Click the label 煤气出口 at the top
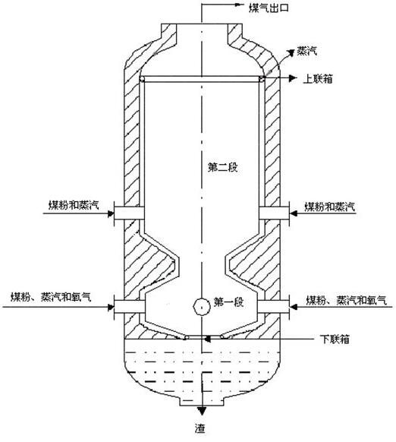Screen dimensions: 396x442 269,8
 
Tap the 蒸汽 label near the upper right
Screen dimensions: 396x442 307,52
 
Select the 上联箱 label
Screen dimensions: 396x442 318,79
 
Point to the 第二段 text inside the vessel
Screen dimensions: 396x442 223,167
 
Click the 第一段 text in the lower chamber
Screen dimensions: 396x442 228,302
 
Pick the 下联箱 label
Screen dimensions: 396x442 335,339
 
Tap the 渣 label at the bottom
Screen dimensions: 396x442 200,429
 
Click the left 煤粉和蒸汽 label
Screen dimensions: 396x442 74,205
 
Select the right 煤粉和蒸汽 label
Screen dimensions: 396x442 329,207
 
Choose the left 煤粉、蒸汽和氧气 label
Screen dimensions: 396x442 51,298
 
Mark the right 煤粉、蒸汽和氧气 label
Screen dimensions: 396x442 346,301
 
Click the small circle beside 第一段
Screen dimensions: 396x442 201,307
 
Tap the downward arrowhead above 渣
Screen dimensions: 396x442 201,411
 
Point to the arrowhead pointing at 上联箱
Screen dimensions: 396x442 293,77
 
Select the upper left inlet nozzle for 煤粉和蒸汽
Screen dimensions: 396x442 129,213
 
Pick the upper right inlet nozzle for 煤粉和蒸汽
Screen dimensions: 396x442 275,213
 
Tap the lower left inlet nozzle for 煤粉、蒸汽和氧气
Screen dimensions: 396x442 129,307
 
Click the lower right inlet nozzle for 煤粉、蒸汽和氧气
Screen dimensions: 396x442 274,307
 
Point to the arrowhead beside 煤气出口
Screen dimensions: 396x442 240,5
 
